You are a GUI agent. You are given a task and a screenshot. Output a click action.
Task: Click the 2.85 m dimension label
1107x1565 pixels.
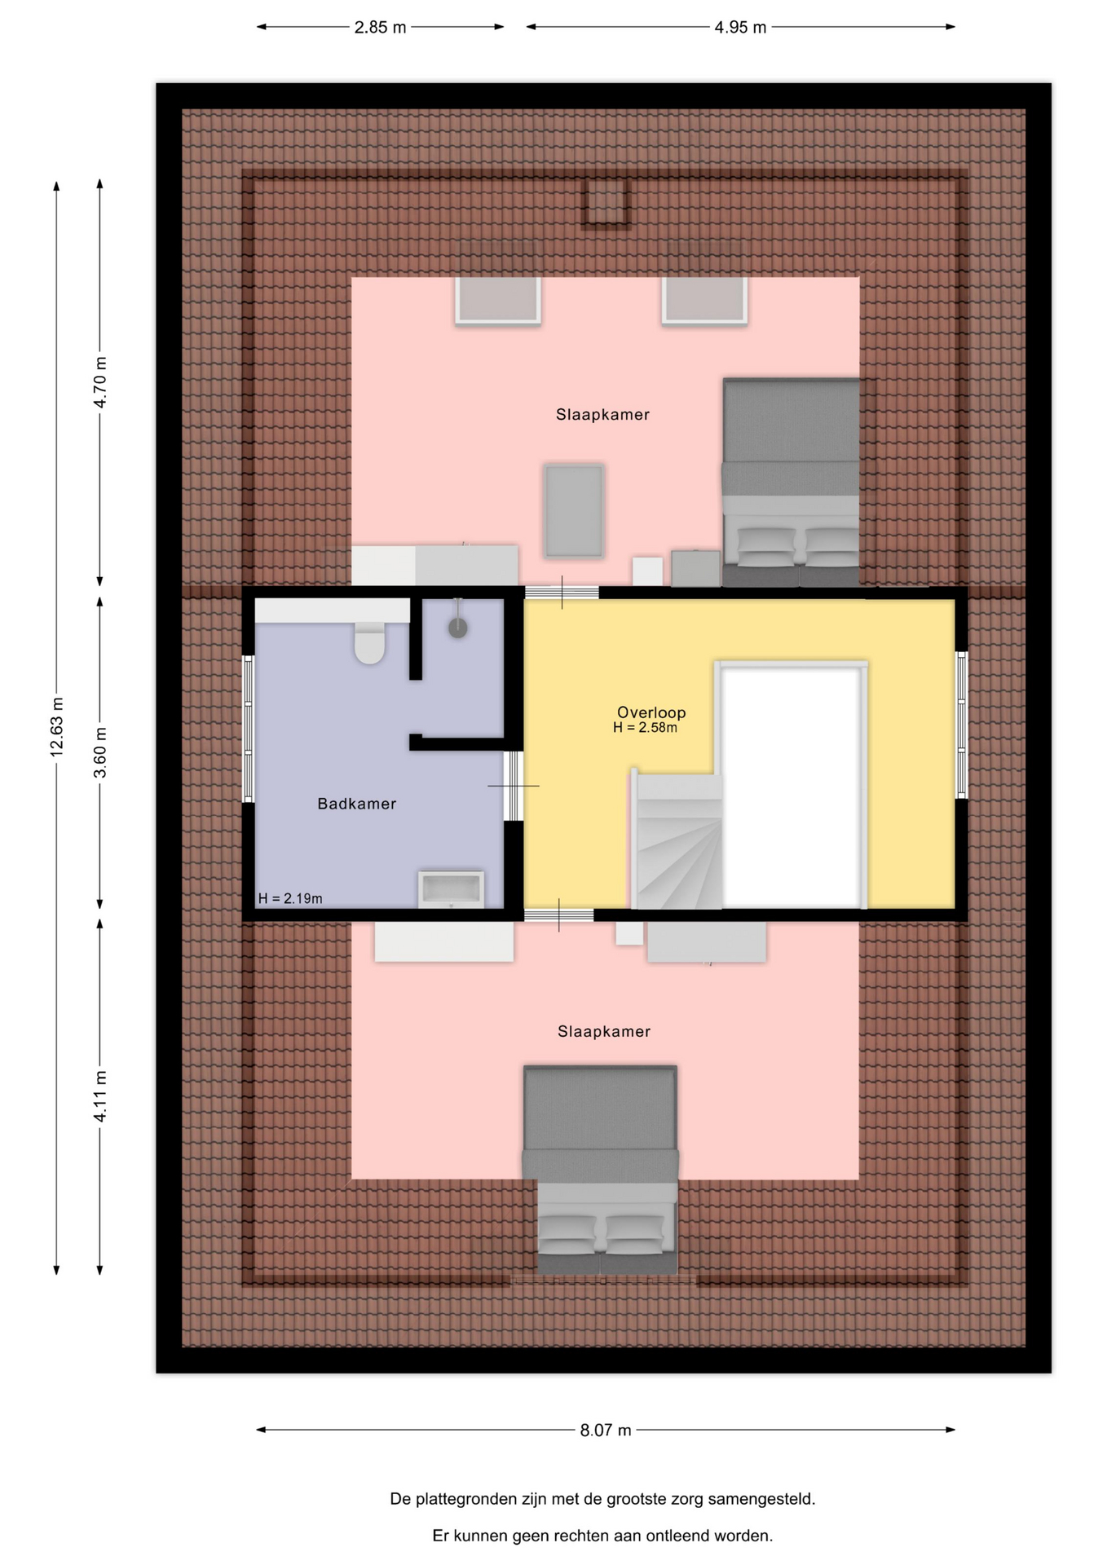[380, 27]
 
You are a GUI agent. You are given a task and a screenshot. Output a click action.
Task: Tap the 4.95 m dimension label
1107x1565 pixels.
[740, 27]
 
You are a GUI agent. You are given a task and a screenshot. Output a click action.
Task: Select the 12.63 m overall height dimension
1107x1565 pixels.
[56, 727]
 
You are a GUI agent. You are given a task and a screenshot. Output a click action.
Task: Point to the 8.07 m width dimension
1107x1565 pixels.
[606, 1430]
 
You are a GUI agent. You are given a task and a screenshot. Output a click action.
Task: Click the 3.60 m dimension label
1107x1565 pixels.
[99, 752]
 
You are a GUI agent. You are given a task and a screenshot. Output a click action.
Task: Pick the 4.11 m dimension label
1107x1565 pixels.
[99, 1096]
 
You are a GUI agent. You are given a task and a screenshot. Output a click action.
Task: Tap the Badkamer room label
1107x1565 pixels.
[356, 804]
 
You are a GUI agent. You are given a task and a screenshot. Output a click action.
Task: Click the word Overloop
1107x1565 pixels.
[651, 712]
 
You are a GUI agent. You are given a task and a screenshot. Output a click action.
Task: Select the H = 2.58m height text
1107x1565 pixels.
[645, 728]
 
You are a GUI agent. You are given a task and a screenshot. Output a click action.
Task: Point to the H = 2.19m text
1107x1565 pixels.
[290, 898]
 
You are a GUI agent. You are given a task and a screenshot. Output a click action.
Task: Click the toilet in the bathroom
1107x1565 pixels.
[369, 642]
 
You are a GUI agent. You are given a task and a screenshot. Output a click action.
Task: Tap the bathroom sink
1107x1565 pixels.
[451, 888]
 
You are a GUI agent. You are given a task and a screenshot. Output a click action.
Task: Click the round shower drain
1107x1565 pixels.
[458, 628]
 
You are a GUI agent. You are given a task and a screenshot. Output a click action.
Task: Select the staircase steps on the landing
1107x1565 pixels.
[677, 841]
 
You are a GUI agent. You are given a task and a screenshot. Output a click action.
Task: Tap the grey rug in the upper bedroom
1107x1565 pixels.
[574, 511]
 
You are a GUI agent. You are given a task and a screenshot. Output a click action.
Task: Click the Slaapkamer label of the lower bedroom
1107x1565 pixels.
[604, 1031]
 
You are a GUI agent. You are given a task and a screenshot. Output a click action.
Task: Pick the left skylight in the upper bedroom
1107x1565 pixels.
[498, 300]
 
